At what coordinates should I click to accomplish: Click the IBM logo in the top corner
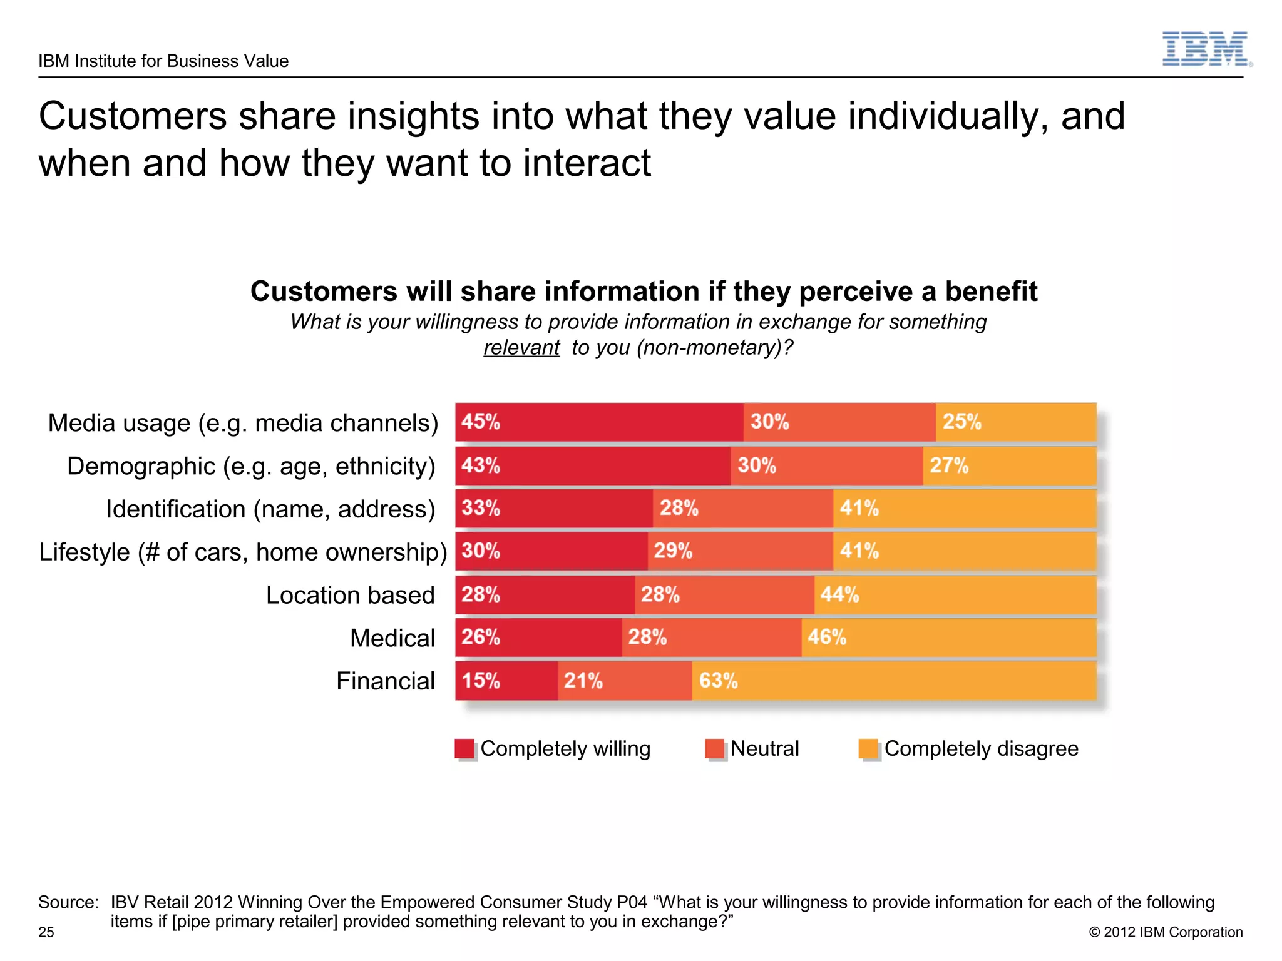[1206, 49]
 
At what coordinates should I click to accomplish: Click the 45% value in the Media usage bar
[481, 422]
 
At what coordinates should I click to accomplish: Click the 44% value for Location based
[839, 594]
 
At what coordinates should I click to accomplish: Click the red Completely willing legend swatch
[464, 748]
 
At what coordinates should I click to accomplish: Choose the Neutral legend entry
[764, 748]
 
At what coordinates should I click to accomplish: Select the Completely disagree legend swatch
[868, 748]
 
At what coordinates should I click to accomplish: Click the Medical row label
[392, 638]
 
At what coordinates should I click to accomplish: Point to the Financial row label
[385, 681]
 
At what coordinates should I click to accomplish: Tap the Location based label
[350, 595]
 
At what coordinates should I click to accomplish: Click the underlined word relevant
[521, 347]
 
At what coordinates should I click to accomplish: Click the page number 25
[46, 932]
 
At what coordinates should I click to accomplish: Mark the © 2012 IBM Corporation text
[1166, 932]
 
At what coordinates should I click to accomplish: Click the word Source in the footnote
[68, 902]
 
